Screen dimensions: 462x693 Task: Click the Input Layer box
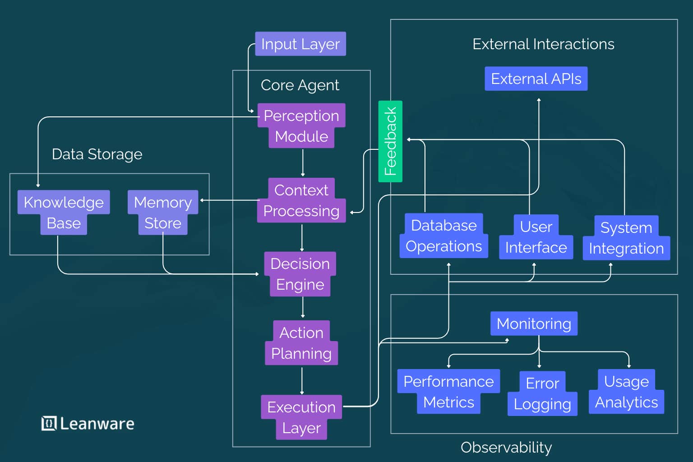click(x=300, y=44)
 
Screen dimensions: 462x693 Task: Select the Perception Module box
click(x=301, y=126)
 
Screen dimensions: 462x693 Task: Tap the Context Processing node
click(x=301, y=200)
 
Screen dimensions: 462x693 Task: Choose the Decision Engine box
click(x=300, y=274)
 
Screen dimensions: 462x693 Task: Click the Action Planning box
click(x=301, y=343)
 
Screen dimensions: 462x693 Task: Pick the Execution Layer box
click(x=301, y=417)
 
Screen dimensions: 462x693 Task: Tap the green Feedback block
click(x=390, y=141)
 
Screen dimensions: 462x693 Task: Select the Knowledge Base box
click(x=64, y=213)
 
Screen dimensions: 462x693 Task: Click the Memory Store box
click(x=163, y=213)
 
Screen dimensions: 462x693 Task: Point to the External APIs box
click(x=536, y=79)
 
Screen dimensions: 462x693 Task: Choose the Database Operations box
click(x=444, y=236)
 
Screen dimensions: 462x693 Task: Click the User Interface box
click(x=536, y=237)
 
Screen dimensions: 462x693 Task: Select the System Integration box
click(x=626, y=238)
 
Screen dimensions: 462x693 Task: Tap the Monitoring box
click(x=534, y=323)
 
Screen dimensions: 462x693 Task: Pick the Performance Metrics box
click(x=448, y=392)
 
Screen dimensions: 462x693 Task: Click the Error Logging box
click(x=542, y=393)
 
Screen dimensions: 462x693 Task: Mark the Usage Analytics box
click(x=626, y=392)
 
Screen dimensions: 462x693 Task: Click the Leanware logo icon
click(x=49, y=423)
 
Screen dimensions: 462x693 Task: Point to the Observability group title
click(x=506, y=447)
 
